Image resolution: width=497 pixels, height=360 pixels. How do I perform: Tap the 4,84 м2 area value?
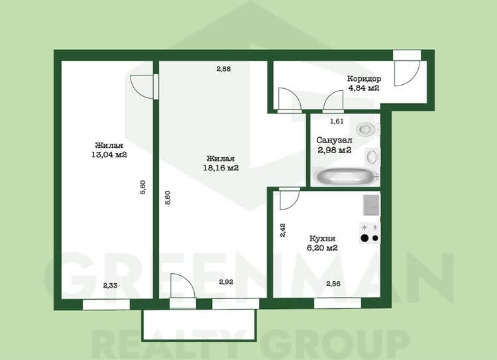363,88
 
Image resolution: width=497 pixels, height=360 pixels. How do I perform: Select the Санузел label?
334,141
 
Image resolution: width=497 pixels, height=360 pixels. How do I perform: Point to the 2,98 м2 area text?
335,150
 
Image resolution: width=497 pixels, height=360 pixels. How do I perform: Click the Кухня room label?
322,238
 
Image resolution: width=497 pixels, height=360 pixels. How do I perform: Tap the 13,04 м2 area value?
110,154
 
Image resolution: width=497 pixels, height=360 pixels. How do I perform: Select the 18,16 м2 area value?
221,168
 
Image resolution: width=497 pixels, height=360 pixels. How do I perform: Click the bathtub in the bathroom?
346,176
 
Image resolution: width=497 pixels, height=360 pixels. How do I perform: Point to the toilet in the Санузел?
365,129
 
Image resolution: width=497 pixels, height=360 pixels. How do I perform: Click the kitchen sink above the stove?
370,204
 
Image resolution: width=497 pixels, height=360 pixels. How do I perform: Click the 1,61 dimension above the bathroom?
337,121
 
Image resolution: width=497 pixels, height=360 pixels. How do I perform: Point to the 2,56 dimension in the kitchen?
333,284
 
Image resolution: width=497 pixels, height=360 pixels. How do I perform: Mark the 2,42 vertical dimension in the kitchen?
283,230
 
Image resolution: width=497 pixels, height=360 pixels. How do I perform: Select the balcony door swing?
181,288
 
